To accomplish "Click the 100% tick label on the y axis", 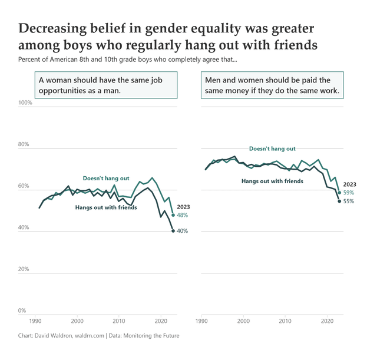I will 26,103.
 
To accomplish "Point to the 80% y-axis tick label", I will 24,144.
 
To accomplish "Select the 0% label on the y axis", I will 22,311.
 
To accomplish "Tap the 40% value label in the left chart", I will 183,232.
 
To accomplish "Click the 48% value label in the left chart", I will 183,216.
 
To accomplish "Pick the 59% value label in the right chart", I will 349,193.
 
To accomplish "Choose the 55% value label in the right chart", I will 349,202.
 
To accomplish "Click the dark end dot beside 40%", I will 173,231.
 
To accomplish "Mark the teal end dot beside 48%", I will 173,215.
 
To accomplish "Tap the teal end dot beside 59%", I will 340,193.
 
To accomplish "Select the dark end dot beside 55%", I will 339,202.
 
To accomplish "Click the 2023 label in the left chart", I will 183,207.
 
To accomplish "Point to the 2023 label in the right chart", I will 350,184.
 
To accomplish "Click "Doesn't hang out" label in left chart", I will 106,178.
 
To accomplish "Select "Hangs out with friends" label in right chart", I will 272,181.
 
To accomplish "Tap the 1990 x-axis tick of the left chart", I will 35,321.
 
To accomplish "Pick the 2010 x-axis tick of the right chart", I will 285,321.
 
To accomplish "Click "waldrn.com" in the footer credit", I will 87,335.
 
